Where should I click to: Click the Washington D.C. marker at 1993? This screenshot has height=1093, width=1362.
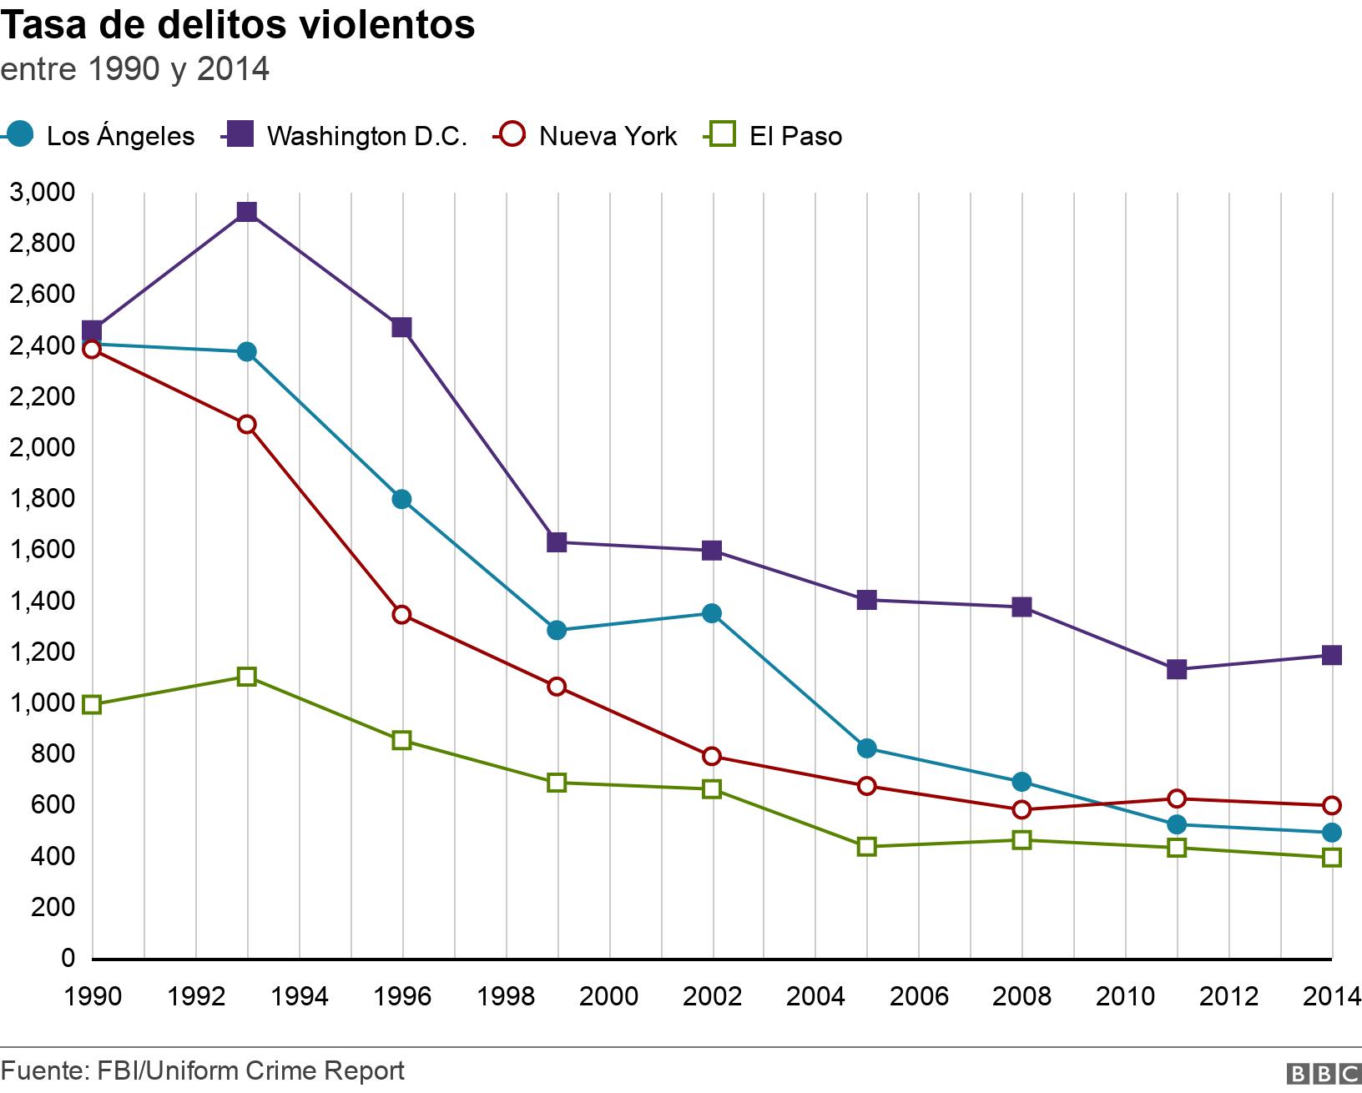pyautogui.click(x=246, y=211)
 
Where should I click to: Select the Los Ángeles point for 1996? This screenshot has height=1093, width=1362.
pyautogui.click(x=401, y=499)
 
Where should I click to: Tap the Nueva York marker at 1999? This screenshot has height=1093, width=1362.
pyautogui.click(x=557, y=687)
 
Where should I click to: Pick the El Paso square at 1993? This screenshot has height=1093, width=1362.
pyautogui.click(x=246, y=676)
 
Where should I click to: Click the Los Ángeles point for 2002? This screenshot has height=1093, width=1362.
pyautogui.click(x=712, y=613)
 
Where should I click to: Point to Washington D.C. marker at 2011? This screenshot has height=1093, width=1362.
pyautogui.click(x=1177, y=669)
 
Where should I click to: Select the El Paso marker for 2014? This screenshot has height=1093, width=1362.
pyautogui.click(x=1332, y=858)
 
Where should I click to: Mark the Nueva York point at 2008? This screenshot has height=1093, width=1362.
pyautogui.click(x=1021, y=809)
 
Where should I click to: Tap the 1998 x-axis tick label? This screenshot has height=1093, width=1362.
pyautogui.click(x=506, y=996)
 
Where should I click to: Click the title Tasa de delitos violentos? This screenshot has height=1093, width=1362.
pyautogui.click(x=239, y=25)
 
